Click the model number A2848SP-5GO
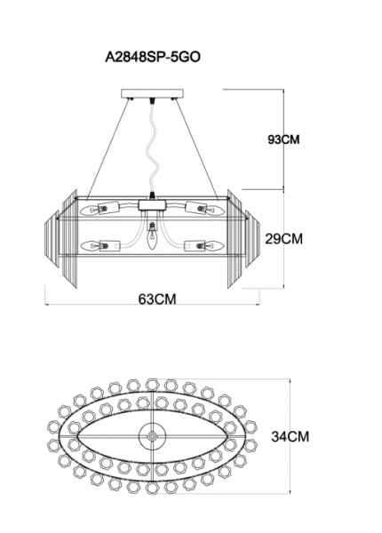click(x=153, y=57)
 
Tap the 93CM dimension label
click(x=283, y=139)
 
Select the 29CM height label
click(x=283, y=239)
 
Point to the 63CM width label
click(x=157, y=298)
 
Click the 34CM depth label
click(x=290, y=436)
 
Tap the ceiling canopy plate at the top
click(x=152, y=93)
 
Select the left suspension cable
click(x=108, y=149)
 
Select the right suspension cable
click(x=195, y=149)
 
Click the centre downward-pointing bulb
click(x=152, y=235)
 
